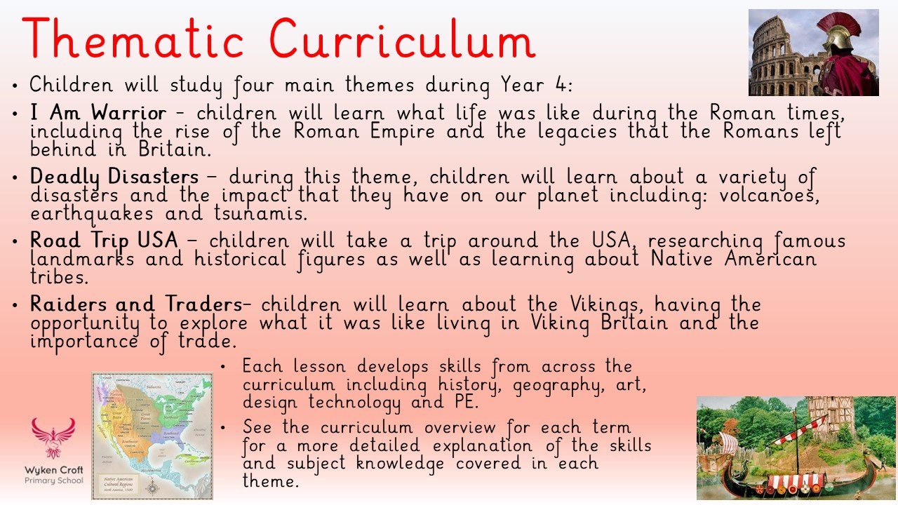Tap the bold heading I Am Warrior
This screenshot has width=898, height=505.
coord(98,113)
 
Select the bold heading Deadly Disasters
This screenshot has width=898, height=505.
coord(114,177)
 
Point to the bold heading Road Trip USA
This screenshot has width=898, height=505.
coord(104,241)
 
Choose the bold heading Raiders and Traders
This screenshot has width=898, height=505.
coord(135,304)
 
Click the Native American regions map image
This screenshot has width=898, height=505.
coord(152,435)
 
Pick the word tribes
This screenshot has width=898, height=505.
coord(60,277)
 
